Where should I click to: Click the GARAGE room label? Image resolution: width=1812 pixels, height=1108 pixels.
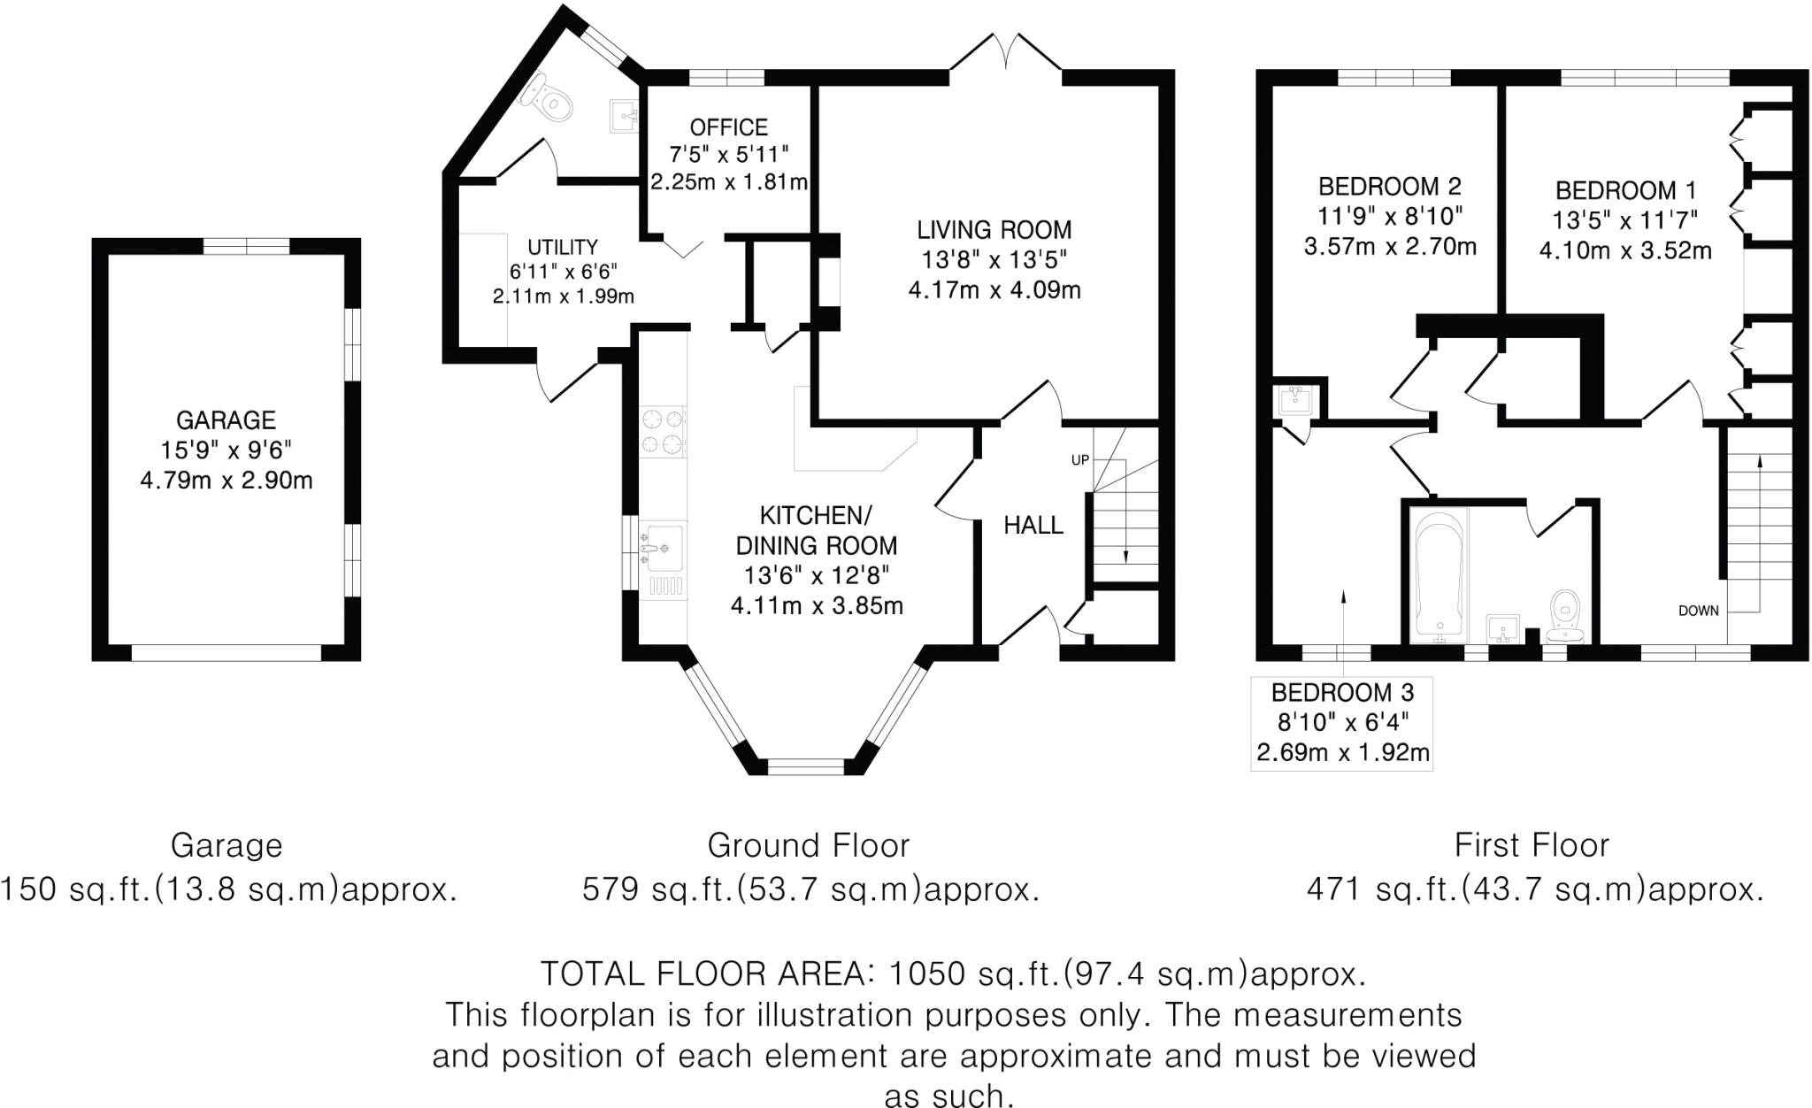pos(226,420)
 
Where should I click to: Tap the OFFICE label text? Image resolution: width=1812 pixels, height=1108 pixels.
pos(728,127)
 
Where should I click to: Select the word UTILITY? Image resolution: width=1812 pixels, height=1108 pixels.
pos(563,247)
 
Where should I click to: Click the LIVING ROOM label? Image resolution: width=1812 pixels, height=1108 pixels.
pos(994,230)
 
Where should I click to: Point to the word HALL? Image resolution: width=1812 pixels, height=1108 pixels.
pos(1033,526)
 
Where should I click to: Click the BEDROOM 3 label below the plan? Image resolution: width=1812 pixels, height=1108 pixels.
pos(1342,692)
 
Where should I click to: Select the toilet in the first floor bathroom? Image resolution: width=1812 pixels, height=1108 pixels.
pos(1567,615)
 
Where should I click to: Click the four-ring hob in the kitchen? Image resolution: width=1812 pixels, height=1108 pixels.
pos(663,431)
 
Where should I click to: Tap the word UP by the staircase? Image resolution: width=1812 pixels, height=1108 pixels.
pos(1079,460)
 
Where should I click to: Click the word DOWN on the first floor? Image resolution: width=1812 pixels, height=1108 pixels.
pos(1699,611)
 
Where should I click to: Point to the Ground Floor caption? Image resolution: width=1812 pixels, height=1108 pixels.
pos(808,846)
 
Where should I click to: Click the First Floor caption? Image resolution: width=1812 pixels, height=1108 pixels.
pos(1532,846)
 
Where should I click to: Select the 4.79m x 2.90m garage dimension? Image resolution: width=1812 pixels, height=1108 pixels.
pos(226,481)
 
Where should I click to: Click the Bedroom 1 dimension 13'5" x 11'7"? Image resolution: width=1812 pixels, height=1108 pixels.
pos(1625,219)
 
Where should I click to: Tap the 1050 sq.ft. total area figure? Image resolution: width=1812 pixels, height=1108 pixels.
pos(973,974)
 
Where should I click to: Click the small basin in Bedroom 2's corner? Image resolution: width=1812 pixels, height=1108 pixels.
pos(1297,401)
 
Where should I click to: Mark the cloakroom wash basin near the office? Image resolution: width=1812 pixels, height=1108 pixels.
pos(625,115)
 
